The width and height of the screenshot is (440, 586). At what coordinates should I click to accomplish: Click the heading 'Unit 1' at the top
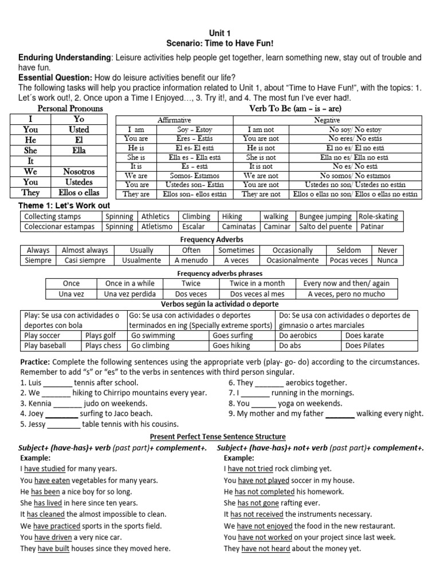pyautogui.click(x=219, y=34)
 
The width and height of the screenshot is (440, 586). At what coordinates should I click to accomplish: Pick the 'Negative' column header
pyautogui.click(x=327, y=121)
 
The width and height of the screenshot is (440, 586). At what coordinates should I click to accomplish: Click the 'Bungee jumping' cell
pyautogui.click(x=326, y=217)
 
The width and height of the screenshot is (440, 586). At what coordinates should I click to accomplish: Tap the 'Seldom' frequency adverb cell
pyautogui.click(x=349, y=250)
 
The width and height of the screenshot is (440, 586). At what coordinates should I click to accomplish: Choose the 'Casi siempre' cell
pyautogui.click(x=84, y=260)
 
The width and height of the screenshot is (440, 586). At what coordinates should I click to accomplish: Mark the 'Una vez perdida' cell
pyautogui.click(x=129, y=294)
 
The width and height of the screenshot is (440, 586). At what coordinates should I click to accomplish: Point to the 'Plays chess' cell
pyautogui.click(x=104, y=346)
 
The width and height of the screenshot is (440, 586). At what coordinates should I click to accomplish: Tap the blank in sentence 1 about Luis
pyautogui.click(x=58, y=383)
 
